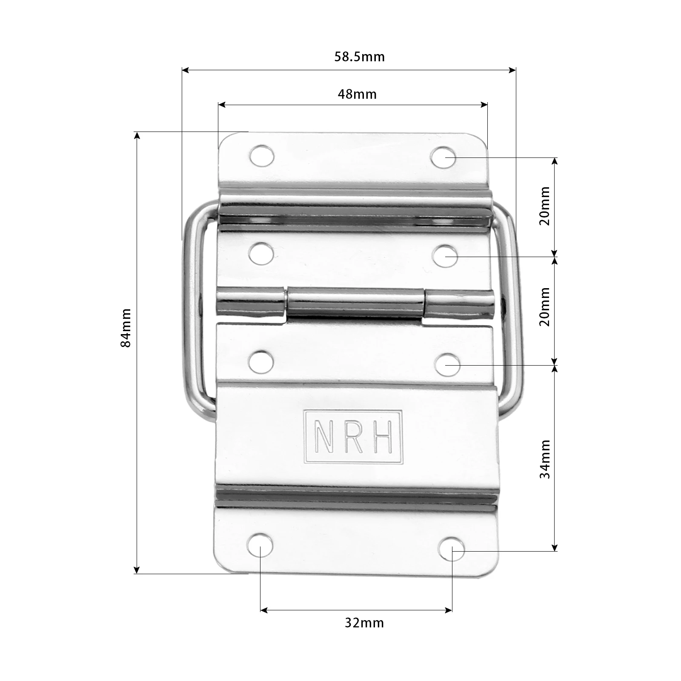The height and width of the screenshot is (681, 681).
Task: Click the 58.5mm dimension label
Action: click(359, 57)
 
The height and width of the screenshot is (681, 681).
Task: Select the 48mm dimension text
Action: click(357, 94)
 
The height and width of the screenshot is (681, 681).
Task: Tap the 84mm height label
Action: click(126, 328)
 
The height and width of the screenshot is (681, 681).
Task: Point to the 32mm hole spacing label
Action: click(364, 623)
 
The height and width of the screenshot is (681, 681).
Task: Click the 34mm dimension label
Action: click(545, 459)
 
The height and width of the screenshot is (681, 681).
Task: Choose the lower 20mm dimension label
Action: click(545, 306)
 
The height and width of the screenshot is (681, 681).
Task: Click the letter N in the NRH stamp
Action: click(324, 437)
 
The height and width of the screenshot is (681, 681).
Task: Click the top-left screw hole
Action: click(261, 156)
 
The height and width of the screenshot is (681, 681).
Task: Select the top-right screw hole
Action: click(443, 157)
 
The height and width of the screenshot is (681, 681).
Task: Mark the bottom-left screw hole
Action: click(260, 545)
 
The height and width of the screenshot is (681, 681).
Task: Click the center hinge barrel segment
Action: click(355, 303)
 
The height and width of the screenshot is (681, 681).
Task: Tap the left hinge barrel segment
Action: click(251, 302)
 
